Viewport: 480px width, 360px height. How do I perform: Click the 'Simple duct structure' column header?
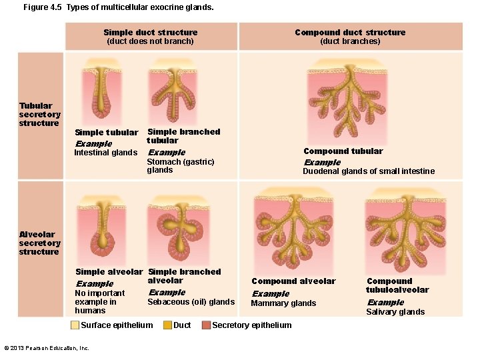[x=151, y=33]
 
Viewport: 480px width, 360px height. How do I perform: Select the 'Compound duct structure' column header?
[x=350, y=33]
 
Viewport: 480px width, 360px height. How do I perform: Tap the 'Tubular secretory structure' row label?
[x=39, y=114]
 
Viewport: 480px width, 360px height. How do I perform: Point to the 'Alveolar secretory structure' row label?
[x=39, y=243]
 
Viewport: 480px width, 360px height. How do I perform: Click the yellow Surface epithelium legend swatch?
[x=75, y=325]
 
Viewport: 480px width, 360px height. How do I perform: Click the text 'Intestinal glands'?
[x=105, y=153]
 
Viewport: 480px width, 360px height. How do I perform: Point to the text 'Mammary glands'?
[x=283, y=303]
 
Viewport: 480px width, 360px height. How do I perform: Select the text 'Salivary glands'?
[x=395, y=312]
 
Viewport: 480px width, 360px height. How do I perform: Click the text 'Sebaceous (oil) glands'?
[x=191, y=302]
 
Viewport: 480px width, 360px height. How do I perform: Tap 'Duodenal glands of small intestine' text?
[x=369, y=171]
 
